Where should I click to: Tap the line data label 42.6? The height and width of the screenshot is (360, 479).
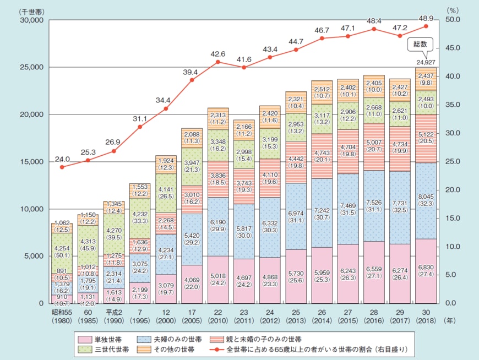tap(217, 54)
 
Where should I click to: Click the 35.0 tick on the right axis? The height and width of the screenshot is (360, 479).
tap(453, 105)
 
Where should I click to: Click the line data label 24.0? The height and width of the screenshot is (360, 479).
tap(62, 160)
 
